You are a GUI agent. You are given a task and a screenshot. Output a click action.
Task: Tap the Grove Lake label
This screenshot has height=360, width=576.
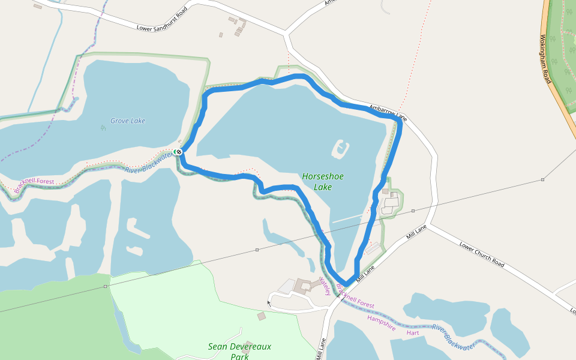(x=128, y=121)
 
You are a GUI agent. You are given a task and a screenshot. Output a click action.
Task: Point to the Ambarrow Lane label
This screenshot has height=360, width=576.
(x=388, y=111)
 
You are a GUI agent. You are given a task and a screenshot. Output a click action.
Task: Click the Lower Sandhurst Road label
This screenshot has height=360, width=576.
(x=162, y=19)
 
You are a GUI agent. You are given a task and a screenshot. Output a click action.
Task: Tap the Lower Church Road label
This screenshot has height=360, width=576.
(x=482, y=254)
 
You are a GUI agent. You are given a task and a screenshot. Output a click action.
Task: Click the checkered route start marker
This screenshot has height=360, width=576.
(x=178, y=151)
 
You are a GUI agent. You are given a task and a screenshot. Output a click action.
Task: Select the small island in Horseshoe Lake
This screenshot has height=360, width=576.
(x=340, y=148)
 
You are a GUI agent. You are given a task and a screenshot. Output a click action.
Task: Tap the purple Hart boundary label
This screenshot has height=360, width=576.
(x=412, y=332)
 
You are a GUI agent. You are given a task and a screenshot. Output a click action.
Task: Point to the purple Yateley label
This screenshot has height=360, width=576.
(x=325, y=286)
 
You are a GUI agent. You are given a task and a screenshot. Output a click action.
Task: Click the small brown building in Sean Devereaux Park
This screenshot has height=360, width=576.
(x=260, y=316)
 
